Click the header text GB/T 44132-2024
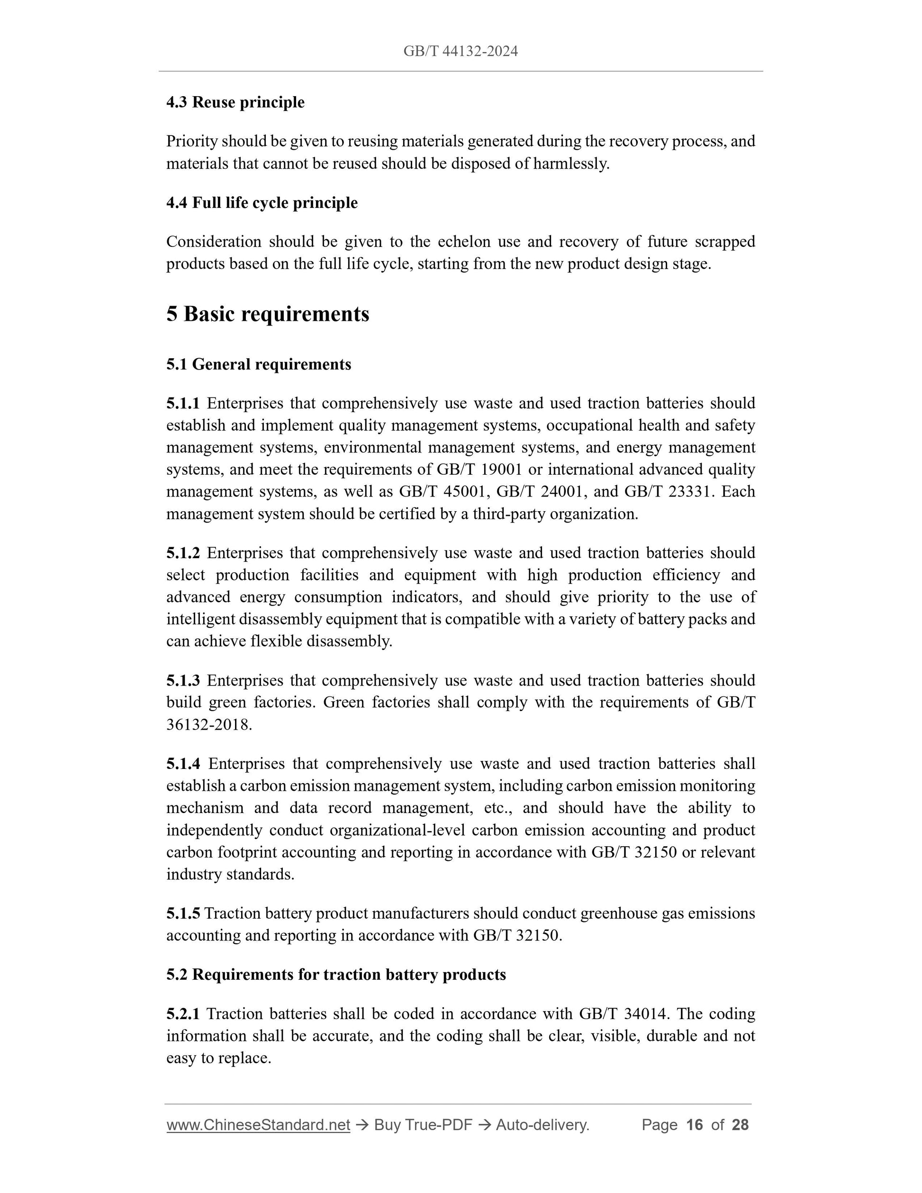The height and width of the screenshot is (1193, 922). coord(461,51)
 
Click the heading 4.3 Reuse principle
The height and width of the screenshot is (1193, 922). coord(235,102)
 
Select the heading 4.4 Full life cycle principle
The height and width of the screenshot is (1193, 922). coord(262,203)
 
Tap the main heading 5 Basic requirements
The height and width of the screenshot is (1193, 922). coord(268,314)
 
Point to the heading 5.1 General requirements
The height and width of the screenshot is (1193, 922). coord(258,364)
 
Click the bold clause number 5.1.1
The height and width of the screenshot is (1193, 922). coord(183,404)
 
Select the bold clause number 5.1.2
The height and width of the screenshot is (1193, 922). coord(183,553)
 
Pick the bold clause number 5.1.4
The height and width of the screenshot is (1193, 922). coord(183,764)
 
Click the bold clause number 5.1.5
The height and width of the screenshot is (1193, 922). coord(183,913)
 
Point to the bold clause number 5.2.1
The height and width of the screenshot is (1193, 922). coord(183,1014)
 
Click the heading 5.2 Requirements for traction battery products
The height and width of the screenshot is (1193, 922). coord(336,975)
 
